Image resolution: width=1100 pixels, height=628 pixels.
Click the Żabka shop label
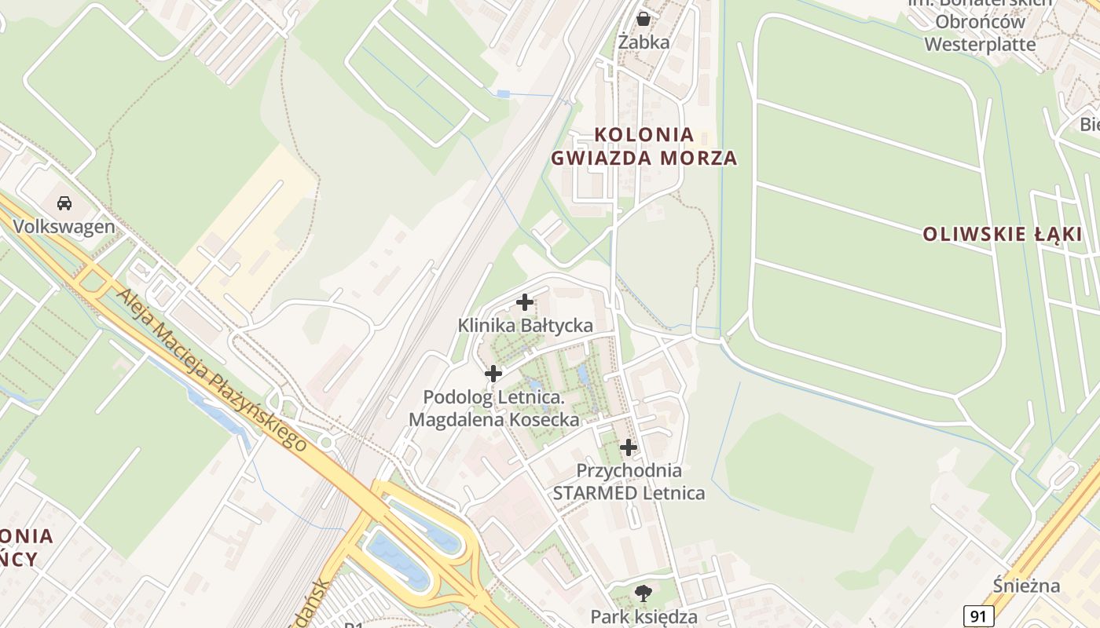click(643, 42)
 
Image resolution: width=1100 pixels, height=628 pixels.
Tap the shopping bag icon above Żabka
click(643, 18)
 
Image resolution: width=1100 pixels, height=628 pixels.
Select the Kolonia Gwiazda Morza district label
click(643, 146)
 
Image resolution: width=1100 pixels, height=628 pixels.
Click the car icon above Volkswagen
click(64, 203)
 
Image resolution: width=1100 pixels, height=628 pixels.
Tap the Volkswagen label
click(64, 227)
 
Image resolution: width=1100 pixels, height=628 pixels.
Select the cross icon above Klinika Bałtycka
click(525, 301)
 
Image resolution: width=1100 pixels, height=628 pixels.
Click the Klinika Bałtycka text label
click(525, 325)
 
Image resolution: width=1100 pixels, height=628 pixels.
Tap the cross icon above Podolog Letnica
click(493, 374)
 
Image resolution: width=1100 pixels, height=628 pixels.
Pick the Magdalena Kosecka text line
click(493, 420)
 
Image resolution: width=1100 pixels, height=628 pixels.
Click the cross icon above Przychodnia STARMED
click(629, 447)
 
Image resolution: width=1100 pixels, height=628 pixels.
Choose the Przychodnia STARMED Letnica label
click(629, 482)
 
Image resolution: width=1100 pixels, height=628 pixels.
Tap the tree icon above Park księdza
click(643, 593)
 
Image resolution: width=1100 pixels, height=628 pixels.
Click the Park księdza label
click(643, 616)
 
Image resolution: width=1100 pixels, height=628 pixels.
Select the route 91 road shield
click(977, 616)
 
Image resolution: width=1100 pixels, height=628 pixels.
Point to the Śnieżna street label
click(1026, 586)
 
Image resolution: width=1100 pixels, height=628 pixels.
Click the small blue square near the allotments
click(503, 94)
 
